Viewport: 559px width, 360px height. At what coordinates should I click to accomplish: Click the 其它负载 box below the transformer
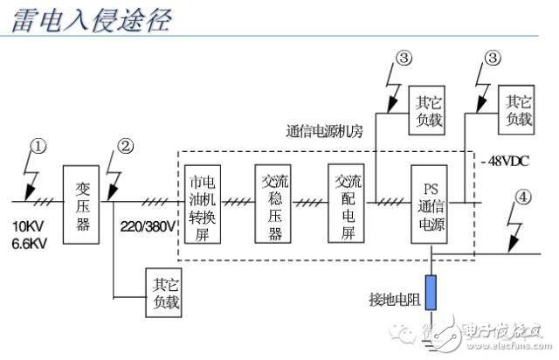coord(162,293)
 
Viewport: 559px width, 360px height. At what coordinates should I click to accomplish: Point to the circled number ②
coord(126,146)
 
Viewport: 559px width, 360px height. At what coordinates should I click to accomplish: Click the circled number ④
coord(522,197)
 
